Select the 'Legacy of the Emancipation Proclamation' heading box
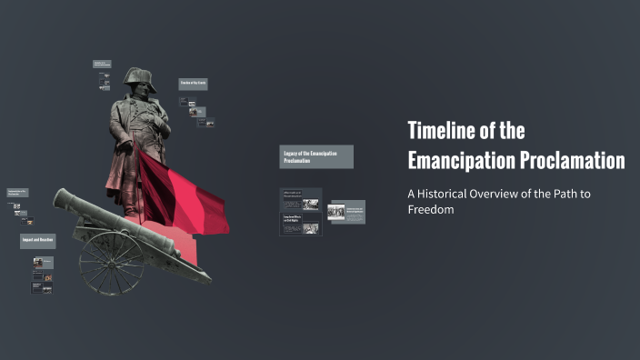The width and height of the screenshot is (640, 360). coord(315,156)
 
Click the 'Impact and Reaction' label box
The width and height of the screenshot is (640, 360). coord(37,241)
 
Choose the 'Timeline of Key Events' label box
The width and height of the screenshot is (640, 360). coord(194,84)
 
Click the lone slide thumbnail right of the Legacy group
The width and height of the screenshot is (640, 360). coord(346,212)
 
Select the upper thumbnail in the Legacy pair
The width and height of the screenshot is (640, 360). coord(301,199)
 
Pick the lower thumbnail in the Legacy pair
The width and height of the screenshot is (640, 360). coord(301,225)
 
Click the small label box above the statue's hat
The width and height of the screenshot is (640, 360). coord(101,64)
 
